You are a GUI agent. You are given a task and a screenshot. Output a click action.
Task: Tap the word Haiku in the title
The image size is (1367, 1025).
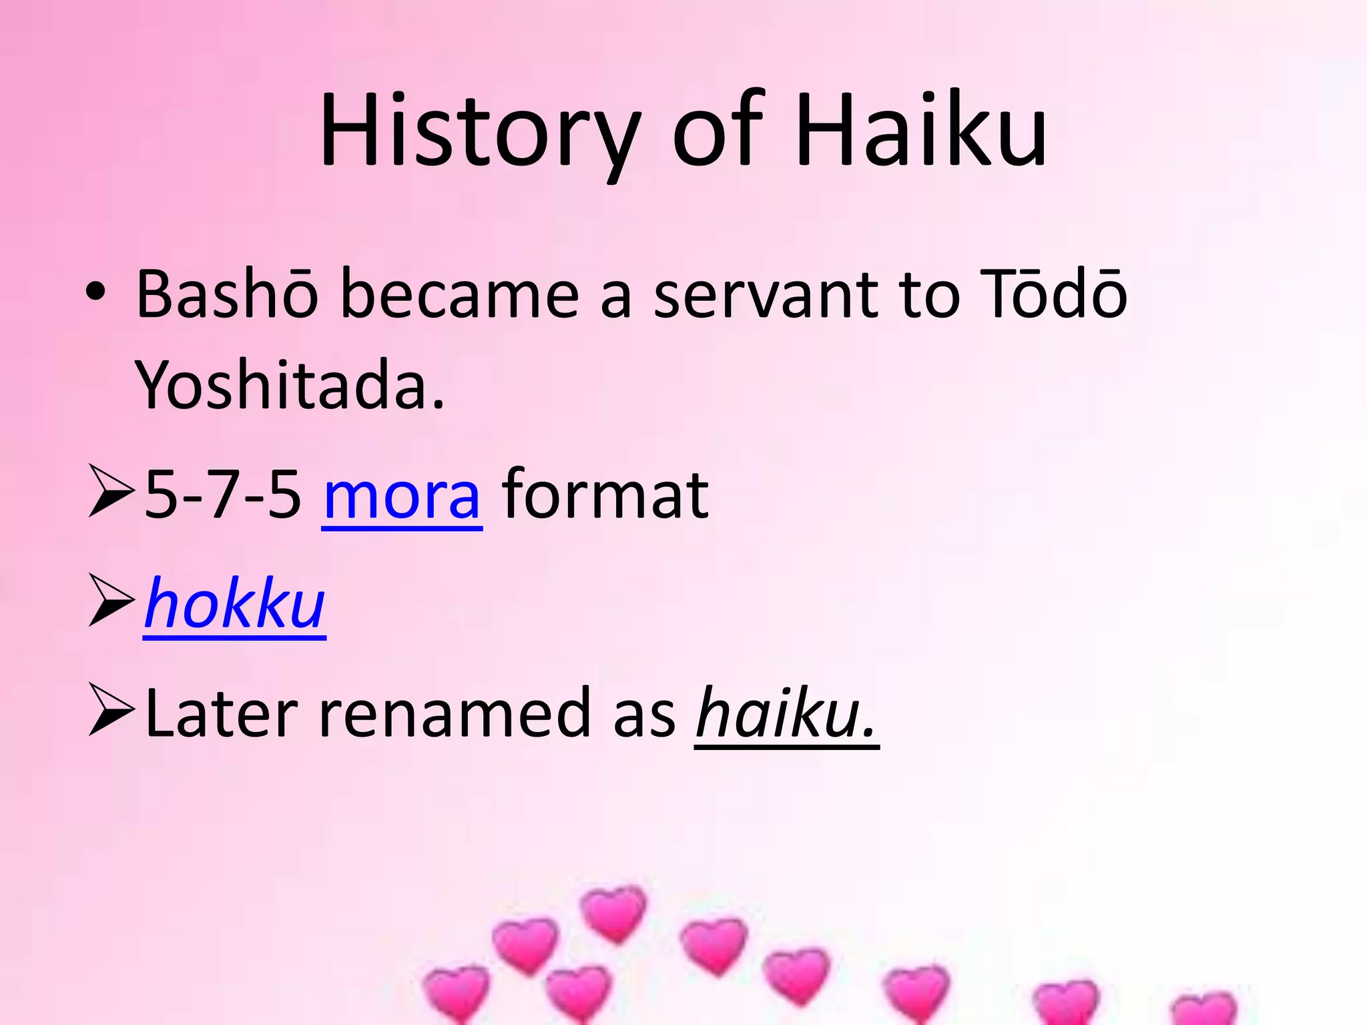click(921, 130)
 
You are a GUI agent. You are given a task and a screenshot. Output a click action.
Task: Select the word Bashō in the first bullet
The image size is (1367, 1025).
click(227, 294)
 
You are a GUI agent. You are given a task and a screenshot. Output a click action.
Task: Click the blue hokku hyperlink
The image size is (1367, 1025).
click(234, 605)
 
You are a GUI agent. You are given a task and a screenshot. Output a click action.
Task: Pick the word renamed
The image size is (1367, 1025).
click(455, 713)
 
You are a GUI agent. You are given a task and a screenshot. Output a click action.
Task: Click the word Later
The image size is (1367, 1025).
click(221, 713)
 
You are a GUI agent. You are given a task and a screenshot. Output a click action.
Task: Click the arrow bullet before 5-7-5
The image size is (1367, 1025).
click(110, 493)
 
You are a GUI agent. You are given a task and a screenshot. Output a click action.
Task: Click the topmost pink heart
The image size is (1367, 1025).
click(613, 913)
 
